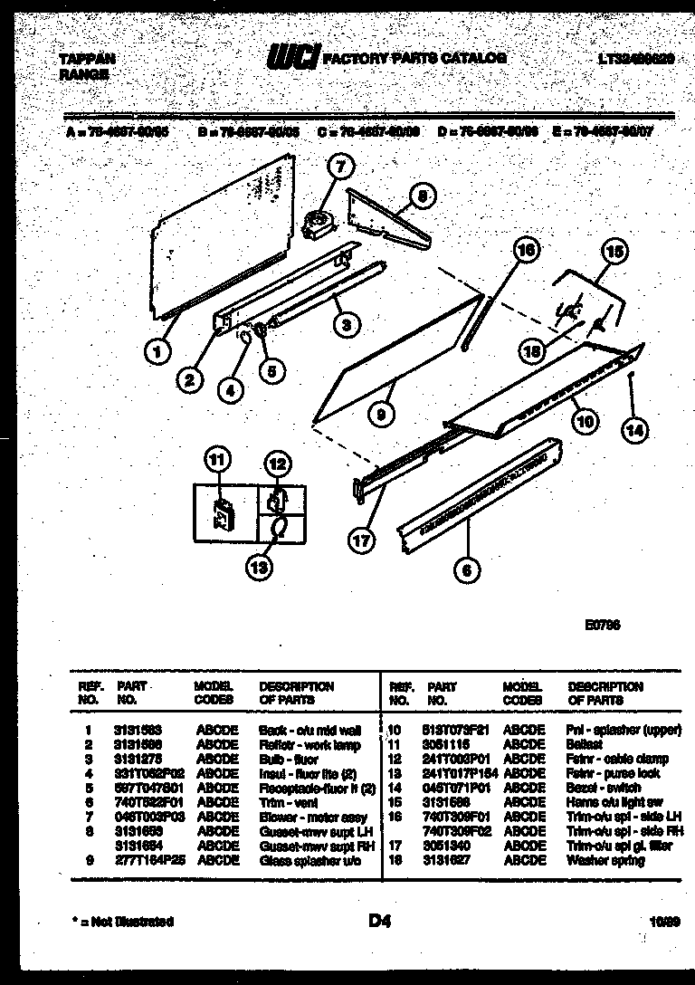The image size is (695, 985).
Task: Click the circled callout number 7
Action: [340, 167]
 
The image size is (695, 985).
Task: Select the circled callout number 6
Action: [468, 569]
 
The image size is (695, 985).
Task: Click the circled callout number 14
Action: [636, 431]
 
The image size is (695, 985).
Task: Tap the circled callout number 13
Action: [261, 567]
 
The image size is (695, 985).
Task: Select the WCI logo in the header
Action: [292, 59]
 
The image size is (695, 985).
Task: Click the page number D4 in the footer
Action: [379, 921]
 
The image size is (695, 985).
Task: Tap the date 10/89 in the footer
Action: [663, 922]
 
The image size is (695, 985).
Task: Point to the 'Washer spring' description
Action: [605, 860]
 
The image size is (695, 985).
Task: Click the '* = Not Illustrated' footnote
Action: [124, 922]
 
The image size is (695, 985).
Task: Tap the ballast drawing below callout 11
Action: [220, 512]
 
